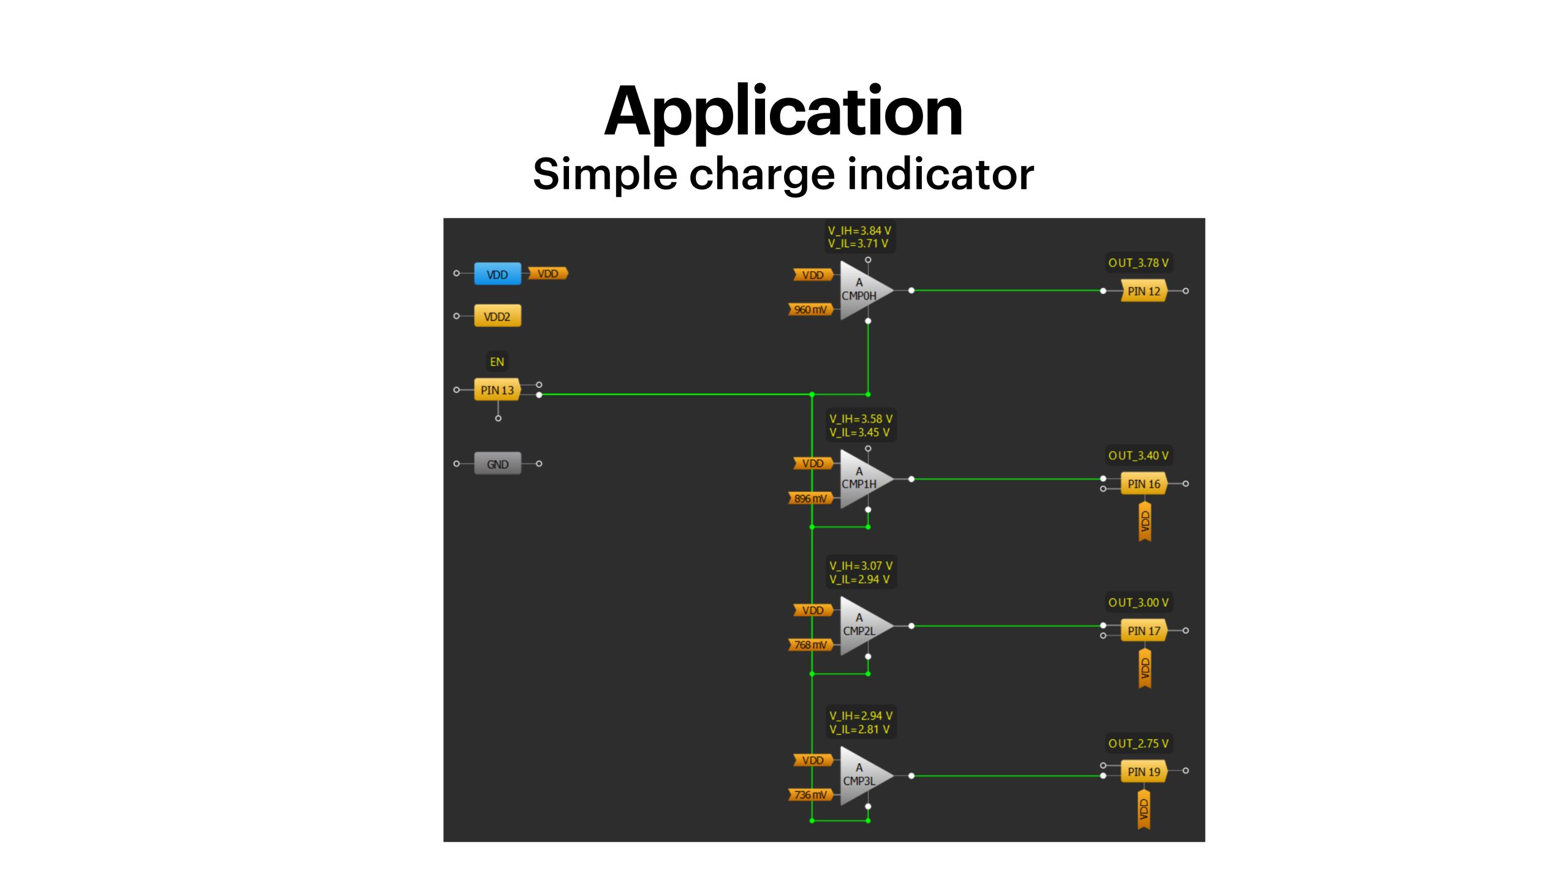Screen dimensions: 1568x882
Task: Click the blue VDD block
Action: (x=497, y=274)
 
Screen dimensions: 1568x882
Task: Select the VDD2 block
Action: (x=497, y=316)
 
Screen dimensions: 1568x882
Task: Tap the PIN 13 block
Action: (x=497, y=390)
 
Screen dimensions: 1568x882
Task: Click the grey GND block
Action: (x=497, y=464)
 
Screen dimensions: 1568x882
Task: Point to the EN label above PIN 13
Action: (x=497, y=362)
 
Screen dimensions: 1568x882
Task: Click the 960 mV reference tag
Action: (x=811, y=309)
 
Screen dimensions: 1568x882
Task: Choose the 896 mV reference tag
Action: (x=811, y=498)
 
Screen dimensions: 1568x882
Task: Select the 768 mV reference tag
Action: (x=811, y=644)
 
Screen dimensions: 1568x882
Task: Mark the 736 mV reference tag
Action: (x=811, y=794)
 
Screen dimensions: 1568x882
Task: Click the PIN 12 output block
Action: (x=1144, y=291)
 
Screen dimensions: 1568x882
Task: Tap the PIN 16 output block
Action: (x=1144, y=484)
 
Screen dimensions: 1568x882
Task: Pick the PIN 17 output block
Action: (x=1144, y=630)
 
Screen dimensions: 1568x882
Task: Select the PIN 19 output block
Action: (x=1144, y=771)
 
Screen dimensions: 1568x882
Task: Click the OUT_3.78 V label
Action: (x=1138, y=263)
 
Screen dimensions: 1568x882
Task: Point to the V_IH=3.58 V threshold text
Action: (x=861, y=419)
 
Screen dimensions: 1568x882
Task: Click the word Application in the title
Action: (x=783, y=111)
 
